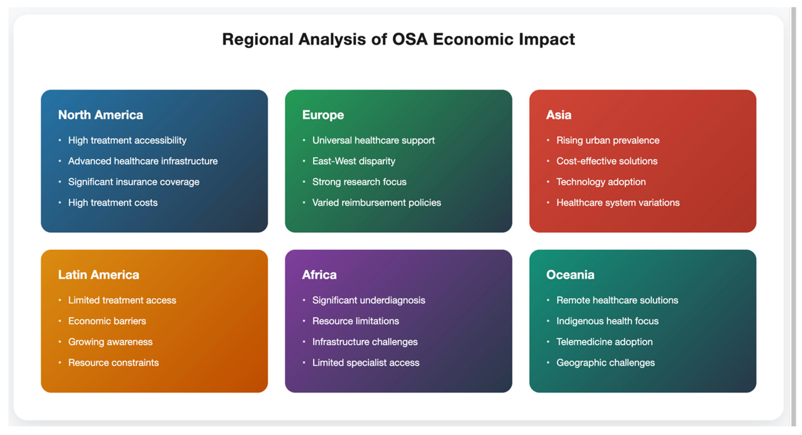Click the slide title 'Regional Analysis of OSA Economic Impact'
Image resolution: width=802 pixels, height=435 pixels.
tap(398, 40)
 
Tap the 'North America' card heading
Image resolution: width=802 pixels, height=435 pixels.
tap(100, 115)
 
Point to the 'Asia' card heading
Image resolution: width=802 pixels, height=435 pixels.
tap(559, 115)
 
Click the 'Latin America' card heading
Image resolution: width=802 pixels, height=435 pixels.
tap(99, 275)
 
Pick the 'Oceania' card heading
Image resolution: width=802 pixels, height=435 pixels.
tap(570, 275)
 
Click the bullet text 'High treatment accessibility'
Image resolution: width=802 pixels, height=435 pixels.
tap(127, 140)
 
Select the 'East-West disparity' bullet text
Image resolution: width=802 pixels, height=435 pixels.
tap(354, 161)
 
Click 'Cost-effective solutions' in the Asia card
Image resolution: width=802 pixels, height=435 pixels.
tap(607, 161)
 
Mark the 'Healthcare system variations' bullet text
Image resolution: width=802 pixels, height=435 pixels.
tap(618, 203)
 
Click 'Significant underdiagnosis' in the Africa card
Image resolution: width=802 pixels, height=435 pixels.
tap(369, 300)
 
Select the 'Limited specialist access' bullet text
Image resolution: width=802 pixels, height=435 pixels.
tap(366, 363)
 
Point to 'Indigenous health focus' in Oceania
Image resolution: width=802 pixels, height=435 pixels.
tap(607, 321)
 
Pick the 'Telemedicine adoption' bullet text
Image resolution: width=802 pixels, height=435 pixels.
tap(604, 342)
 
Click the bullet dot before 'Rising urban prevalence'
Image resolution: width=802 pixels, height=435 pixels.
tap(548, 140)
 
